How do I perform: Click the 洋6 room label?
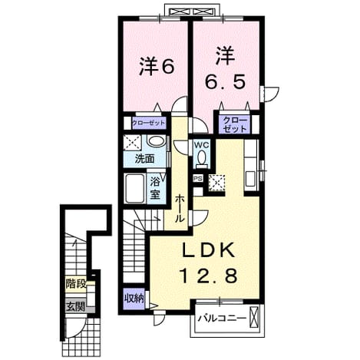tap(157, 67)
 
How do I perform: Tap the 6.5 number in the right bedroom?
tap(226, 81)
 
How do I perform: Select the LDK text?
tap(208, 250)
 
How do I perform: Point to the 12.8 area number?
tap(209, 276)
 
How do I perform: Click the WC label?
tap(202, 145)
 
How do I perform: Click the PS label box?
tap(198, 178)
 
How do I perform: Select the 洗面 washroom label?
tap(145, 159)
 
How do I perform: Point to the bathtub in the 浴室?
tap(134, 188)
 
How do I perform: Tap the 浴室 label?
tap(155, 188)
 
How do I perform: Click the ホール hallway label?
tap(180, 208)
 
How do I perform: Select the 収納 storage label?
tap(134, 299)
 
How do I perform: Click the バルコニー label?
tap(223, 319)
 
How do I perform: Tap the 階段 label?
tap(76, 284)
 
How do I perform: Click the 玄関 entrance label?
tap(76, 306)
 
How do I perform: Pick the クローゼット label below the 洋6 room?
tap(149, 124)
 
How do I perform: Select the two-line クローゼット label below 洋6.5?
tap(234, 124)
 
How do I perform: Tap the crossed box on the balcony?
tap(254, 316)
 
